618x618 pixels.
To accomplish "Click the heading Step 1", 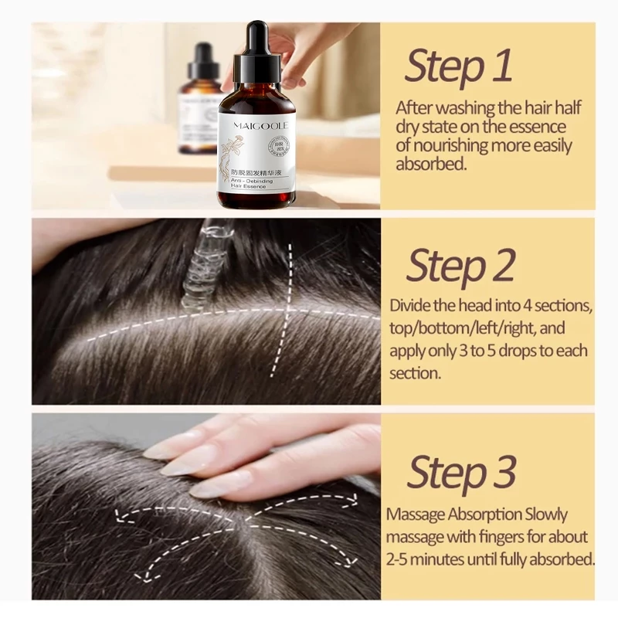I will (458, 66).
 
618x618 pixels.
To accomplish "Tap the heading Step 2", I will (460, 267).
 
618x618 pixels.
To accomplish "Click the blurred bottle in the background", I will (199, 100).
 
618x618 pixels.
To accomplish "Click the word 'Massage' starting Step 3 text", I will (417, 514).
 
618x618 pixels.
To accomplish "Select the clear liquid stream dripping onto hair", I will (202, 263).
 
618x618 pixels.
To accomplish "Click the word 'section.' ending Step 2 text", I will (415, 372).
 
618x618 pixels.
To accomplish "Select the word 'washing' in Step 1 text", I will (457, 107).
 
